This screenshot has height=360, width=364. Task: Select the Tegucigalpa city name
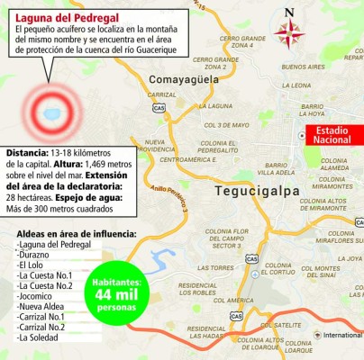(257, 192)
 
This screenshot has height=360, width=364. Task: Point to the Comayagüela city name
(186, 81)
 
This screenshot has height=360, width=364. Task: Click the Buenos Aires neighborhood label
(302, 67)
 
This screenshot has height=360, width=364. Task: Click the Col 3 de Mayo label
(225, 125)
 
